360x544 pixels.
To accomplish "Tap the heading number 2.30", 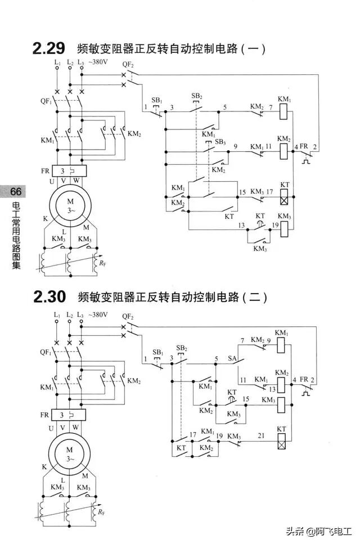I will (49, 296).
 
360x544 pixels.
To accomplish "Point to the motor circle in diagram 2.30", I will (70, 454).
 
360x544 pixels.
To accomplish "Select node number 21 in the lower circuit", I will (260, 436).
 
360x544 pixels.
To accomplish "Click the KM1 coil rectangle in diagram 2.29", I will (285, 111).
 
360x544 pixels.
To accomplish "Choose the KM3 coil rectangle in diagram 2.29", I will (285, 228).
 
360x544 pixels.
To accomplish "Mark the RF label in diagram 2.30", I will (101, 512).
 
